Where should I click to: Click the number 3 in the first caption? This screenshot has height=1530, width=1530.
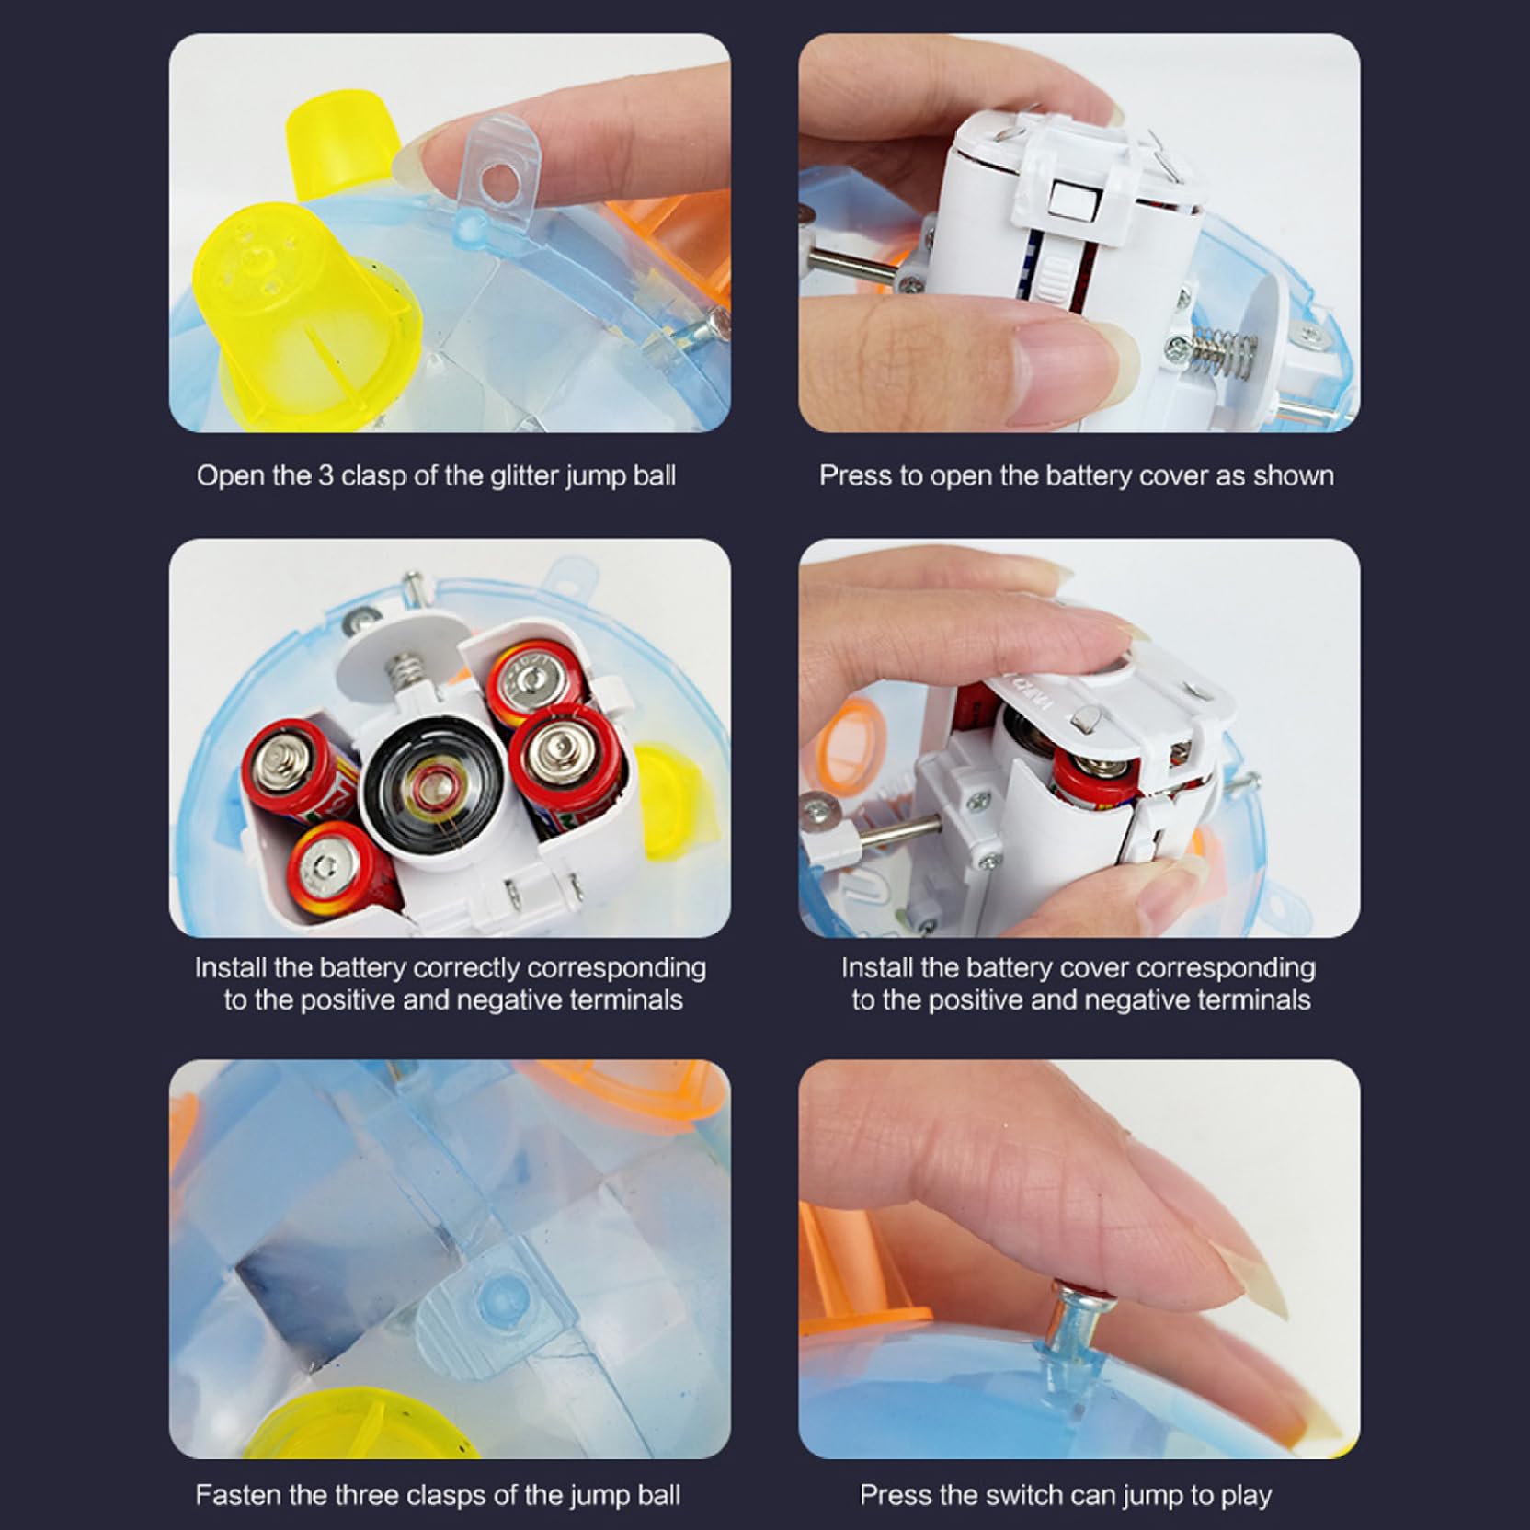click(x=325, y=476)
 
